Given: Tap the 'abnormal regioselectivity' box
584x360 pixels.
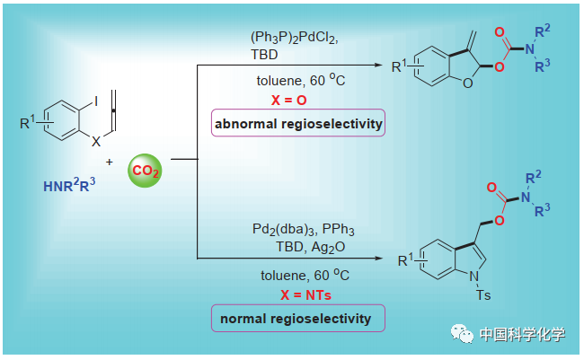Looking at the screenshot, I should click(x=297, y=124).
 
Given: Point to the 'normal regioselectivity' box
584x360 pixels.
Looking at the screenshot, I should click(x=297, y=318).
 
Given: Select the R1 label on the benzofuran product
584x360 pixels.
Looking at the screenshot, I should click(x=401, y=66).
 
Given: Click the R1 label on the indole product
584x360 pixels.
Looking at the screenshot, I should click(x=409, y=259).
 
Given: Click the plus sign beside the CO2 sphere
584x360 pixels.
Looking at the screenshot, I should click(x=111, y=162).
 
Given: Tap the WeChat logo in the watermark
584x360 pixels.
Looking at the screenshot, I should click(x=463, y=334).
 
